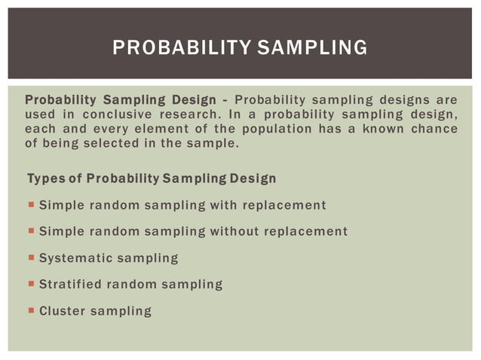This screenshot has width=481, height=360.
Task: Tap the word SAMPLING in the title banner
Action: (x=312, y=48)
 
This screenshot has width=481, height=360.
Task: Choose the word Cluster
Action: (x=61, y=310)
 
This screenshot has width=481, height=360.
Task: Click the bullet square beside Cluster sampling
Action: (x=31, y=310)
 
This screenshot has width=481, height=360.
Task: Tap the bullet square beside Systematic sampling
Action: (x=31, y=258)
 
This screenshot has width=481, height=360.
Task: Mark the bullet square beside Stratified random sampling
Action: (x=31, y=284)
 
